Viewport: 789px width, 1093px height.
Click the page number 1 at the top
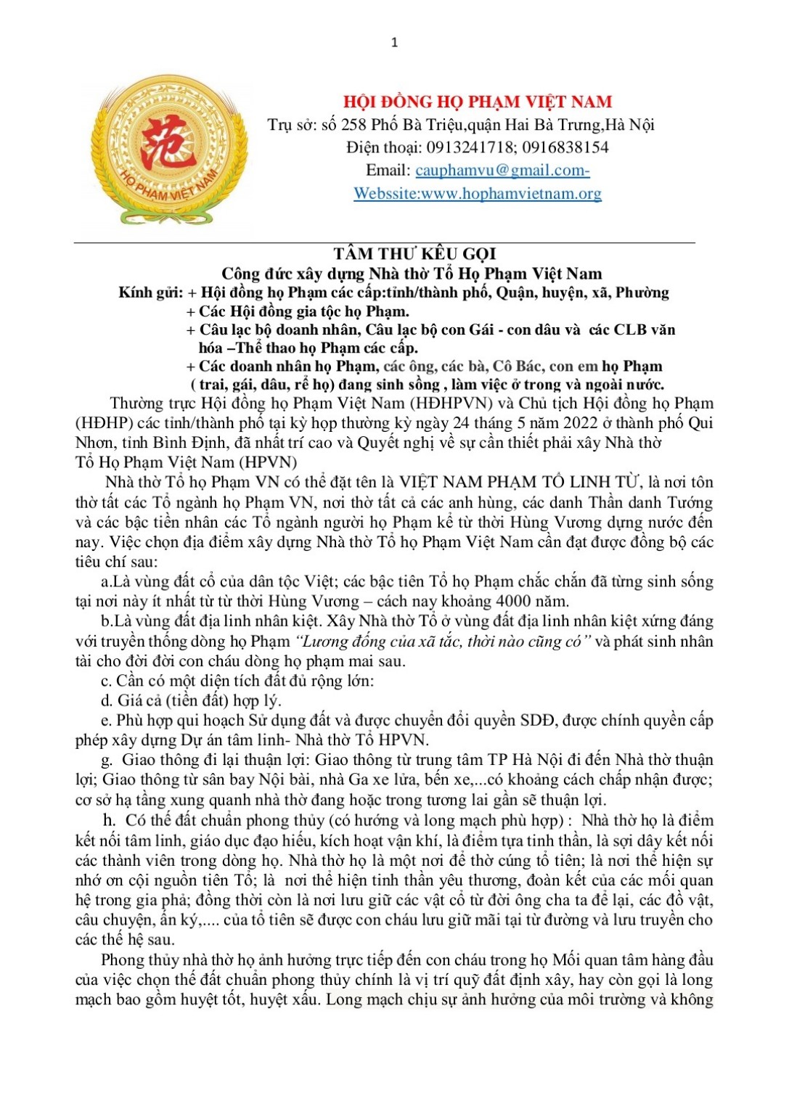394,43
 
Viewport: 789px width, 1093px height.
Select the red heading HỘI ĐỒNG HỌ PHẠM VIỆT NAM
478,102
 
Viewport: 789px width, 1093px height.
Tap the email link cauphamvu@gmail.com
502,171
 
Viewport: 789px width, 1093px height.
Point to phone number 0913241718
470,147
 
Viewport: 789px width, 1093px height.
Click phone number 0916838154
565,147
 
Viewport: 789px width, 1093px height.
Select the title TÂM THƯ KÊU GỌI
414,253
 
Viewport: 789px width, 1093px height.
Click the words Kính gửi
151,292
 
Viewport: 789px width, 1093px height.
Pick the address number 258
353,125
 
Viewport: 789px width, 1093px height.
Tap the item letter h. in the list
110,821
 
